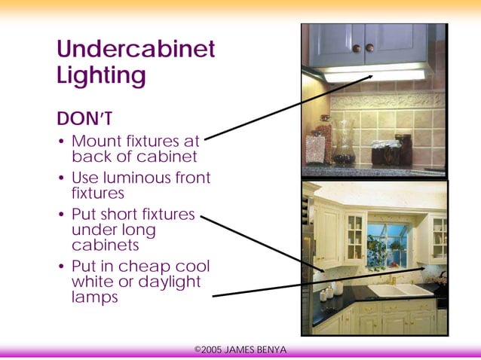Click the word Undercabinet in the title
coord(136,50)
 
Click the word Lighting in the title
coord(101,76)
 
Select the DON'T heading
coord(85,119)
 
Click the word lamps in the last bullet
coord(95,297)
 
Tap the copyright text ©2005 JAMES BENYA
coord(240,349)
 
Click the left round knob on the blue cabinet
coord(357,48)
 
